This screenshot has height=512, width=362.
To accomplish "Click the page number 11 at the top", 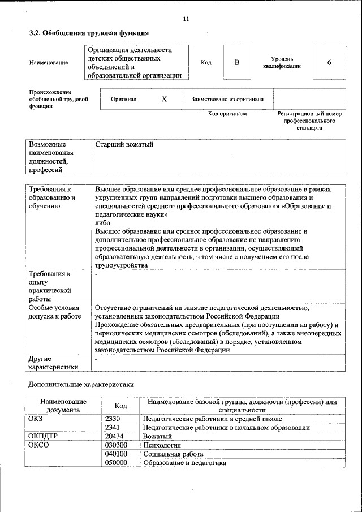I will [x=186, y=19].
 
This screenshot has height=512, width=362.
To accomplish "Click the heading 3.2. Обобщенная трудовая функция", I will [x=89, y=34].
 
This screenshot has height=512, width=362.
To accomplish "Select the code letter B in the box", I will [x=238, y=62].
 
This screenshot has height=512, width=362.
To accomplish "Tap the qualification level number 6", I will [x=329, y=62].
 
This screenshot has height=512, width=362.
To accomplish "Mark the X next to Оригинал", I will [x=164, y=99].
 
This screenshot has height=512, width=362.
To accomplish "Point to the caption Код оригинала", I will [x=227, y=114].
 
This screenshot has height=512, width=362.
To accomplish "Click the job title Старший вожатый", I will [x=124, y=145].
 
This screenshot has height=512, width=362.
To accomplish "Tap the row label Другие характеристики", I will [x=53, y=362].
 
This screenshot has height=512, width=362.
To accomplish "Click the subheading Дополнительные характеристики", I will [x=81, y=385].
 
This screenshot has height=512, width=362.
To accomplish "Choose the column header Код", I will [x=121, y=406].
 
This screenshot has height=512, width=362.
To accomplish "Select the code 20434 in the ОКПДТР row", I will [x=115, y=437].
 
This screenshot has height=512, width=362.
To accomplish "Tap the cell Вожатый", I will [x=157, y=437].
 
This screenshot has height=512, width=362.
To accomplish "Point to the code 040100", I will [x=116, y=454].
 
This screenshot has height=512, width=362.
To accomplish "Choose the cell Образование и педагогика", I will [x=184, y=463].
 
